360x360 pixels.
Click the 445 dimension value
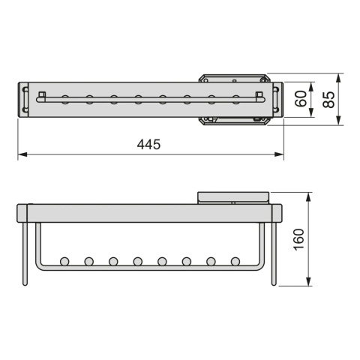(148, 145)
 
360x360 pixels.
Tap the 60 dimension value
(301, 99)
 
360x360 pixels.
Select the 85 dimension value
(328, 100)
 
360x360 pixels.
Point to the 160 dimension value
(298, 239)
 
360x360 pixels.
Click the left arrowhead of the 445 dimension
(22, 154)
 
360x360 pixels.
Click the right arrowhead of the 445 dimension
(279, 154)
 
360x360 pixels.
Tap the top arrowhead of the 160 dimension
(309, 197)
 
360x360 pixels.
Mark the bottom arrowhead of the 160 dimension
(309, 281)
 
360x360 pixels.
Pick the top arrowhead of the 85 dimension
(339, 78)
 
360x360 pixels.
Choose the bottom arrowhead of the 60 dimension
(311, 112)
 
